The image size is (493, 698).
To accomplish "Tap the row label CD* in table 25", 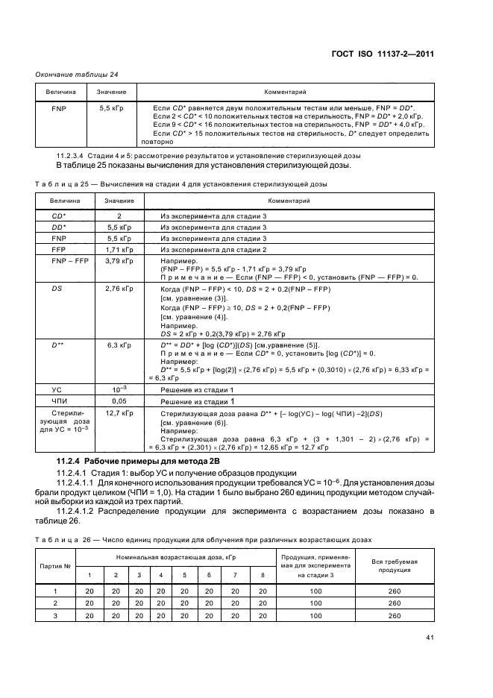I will [x=60, y=215].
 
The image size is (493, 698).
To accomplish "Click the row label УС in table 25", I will [x=60, y=389].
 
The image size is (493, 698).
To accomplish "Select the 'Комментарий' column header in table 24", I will [x=286, y=92].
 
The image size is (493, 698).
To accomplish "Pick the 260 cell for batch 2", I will [x=395, y=603].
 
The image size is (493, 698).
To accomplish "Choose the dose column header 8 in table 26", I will [x=262, y=575].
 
